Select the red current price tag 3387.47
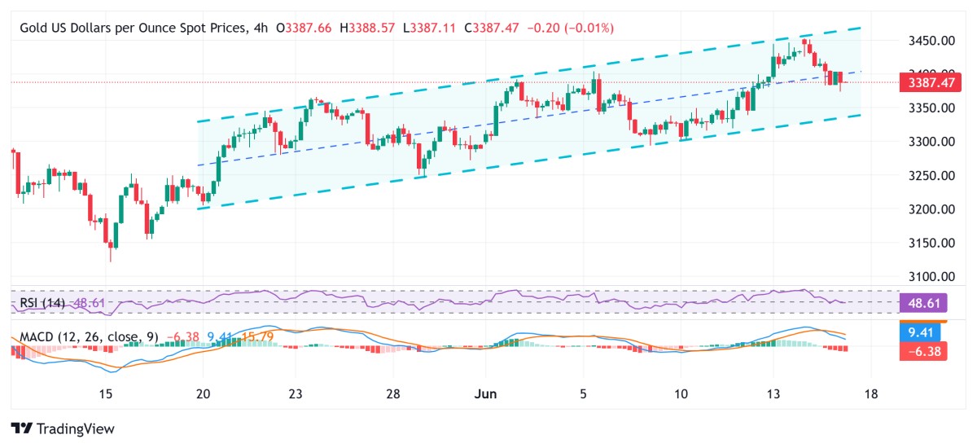point(923,82)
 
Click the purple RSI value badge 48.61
point(923,303)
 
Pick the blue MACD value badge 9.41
point(923,332)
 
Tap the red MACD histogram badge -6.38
point(923,351)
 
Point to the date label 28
point(393,394)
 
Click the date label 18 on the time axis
point(870,394)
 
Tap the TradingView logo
point(63,428)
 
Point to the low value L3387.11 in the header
point(434,28)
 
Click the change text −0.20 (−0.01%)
point(571,28)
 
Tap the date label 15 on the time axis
point(105,394)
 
